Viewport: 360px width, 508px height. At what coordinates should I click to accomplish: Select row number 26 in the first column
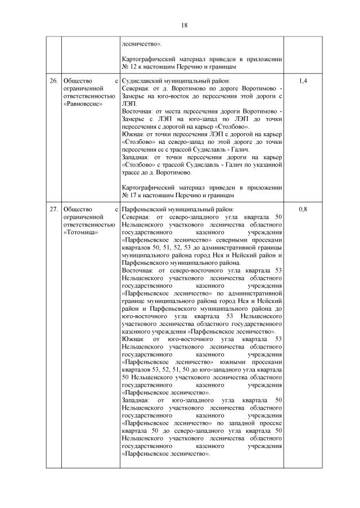(x=53, y=81)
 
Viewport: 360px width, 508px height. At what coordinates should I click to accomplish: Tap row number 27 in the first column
(x=53, y=210)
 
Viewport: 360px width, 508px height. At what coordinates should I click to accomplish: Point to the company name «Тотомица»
(x=81, y=232)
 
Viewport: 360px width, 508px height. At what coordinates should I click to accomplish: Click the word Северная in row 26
(x=136, y=89)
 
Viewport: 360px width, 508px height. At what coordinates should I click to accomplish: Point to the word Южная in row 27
(x=133, y=339)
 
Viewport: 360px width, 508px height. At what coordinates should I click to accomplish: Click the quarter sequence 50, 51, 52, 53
(x=166, y=247)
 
